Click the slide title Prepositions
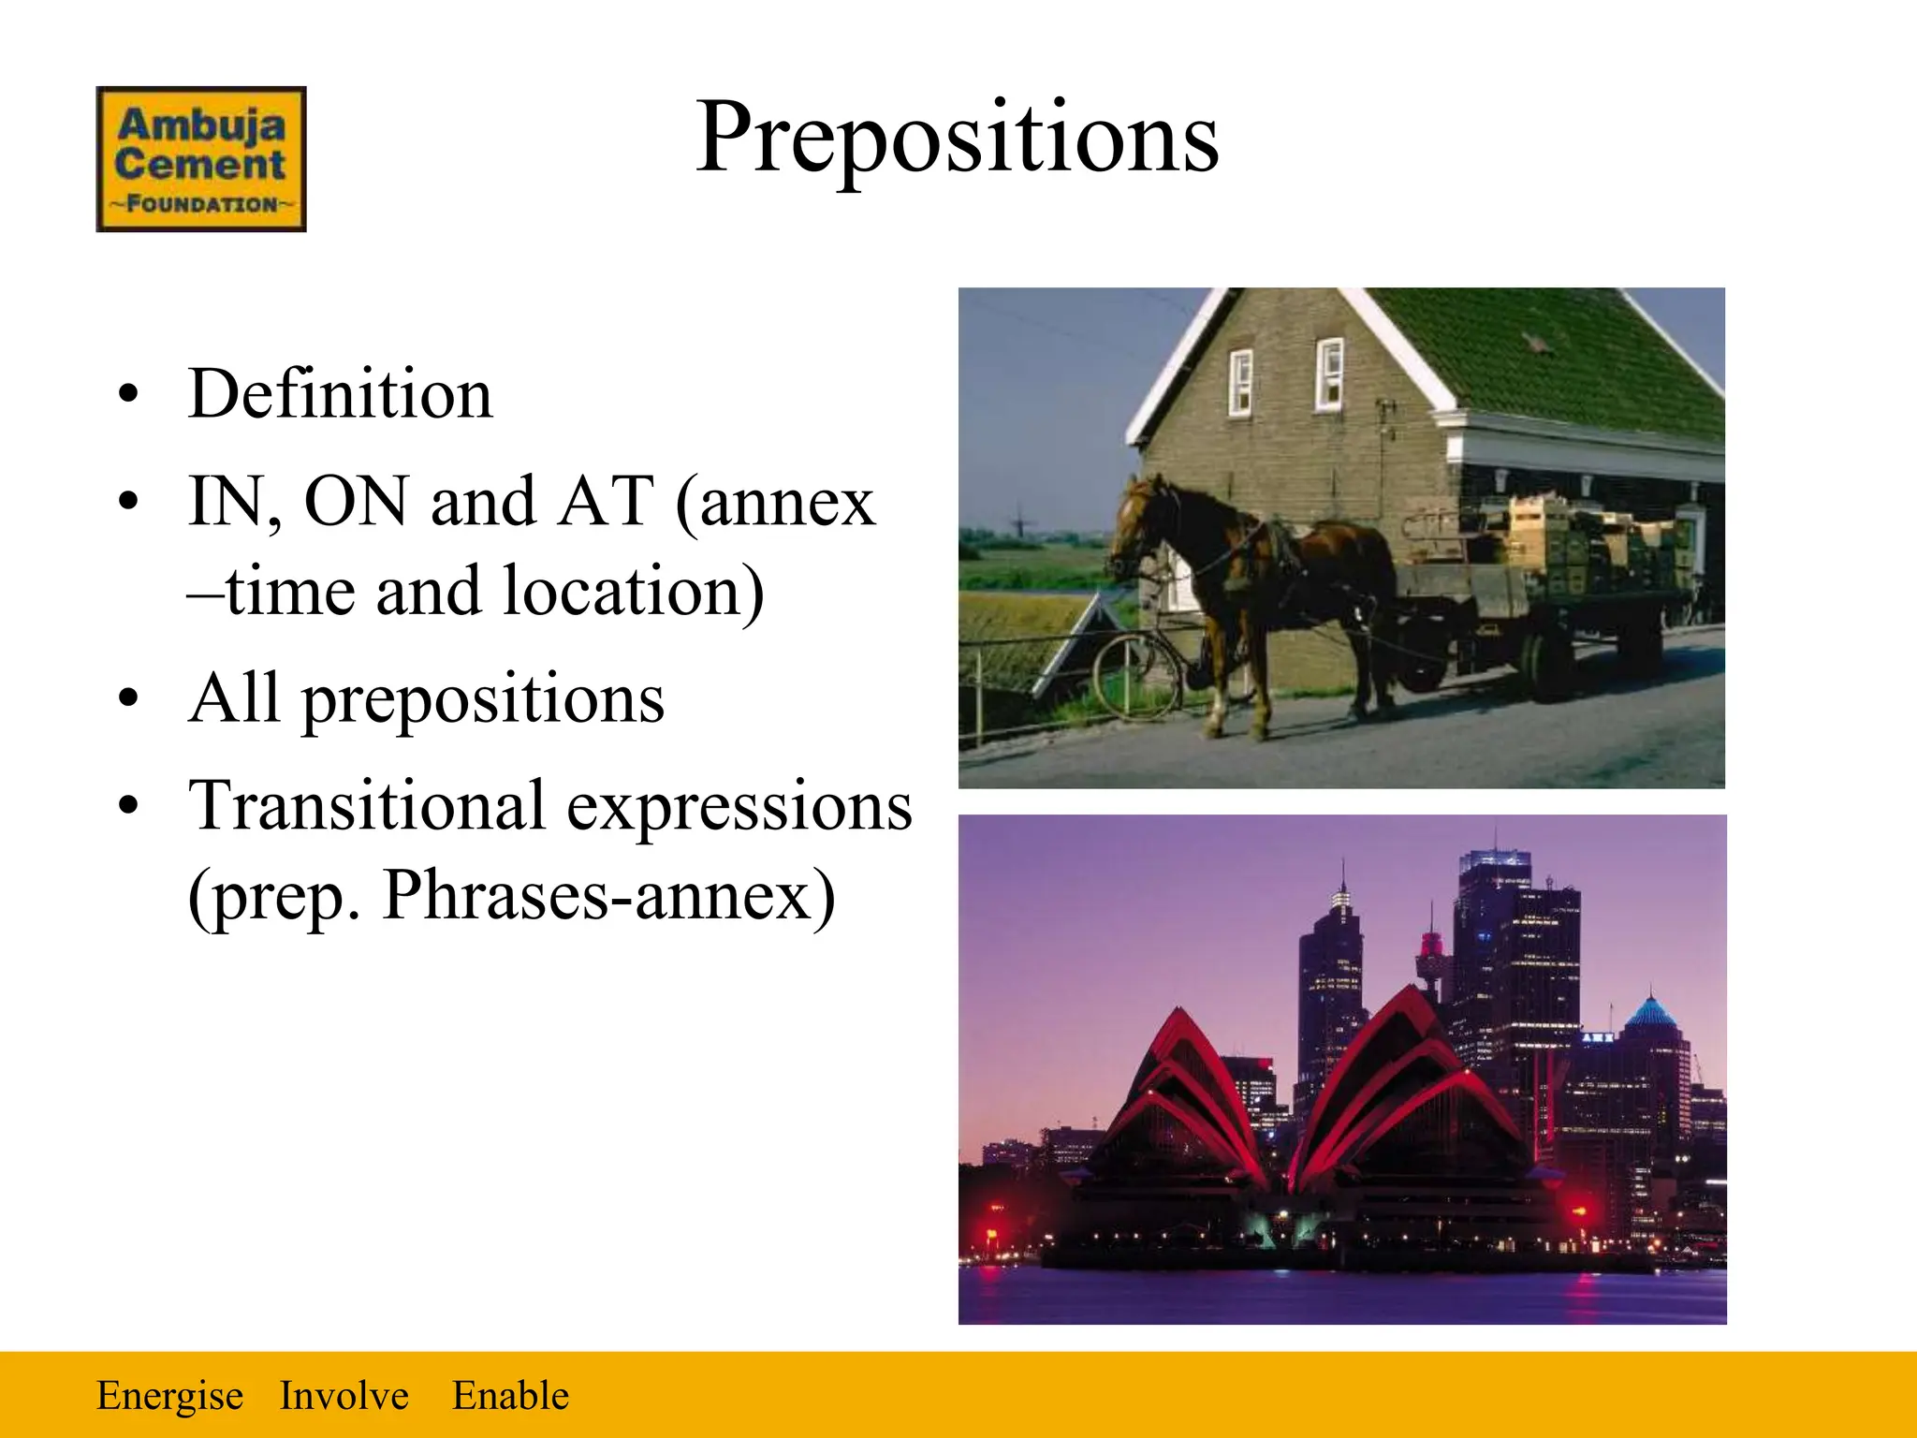(957, 139)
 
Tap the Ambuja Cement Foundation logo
(200, 159)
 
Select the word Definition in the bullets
(340, 394)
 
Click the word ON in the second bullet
(357, 502)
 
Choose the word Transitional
(367, 806)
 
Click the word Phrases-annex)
(608, 896)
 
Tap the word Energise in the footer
(169, 1396)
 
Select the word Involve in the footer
(344, 1396)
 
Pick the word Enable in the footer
(510, 1396)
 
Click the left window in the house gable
(1240, 382)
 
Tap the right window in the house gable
(1328, 374)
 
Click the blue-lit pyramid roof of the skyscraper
(1651, 1012)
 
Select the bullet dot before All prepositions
(128, 699)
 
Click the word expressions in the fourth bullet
(739, 806)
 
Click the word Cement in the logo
(199, 165)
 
